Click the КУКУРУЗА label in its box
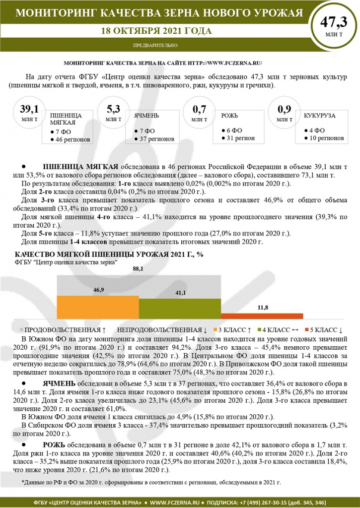(x=319, y=115)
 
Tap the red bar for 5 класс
(x=262, y=316)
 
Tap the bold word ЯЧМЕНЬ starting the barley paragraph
(x=59, y=383)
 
